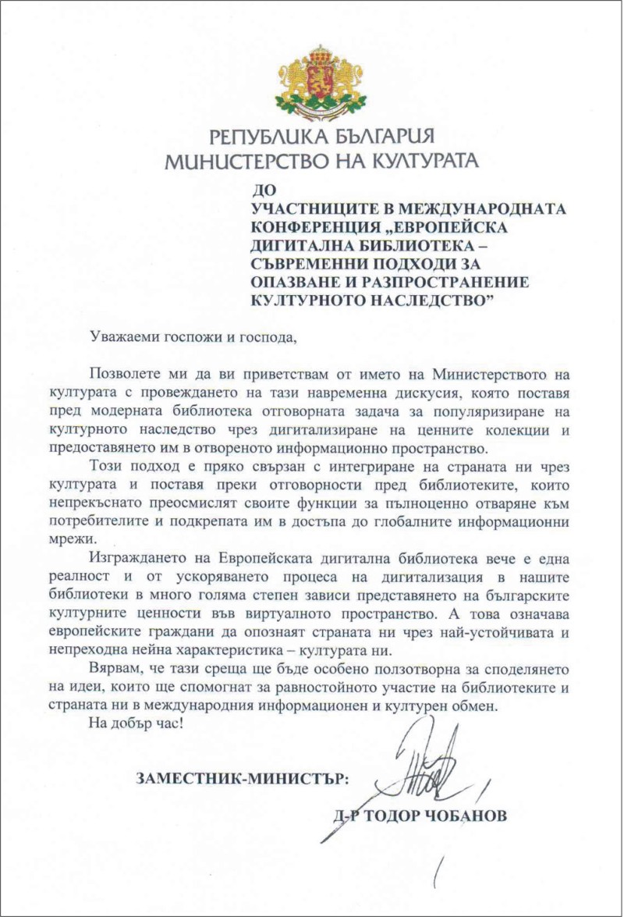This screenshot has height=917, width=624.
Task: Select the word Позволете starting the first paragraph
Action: (129, 376)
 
